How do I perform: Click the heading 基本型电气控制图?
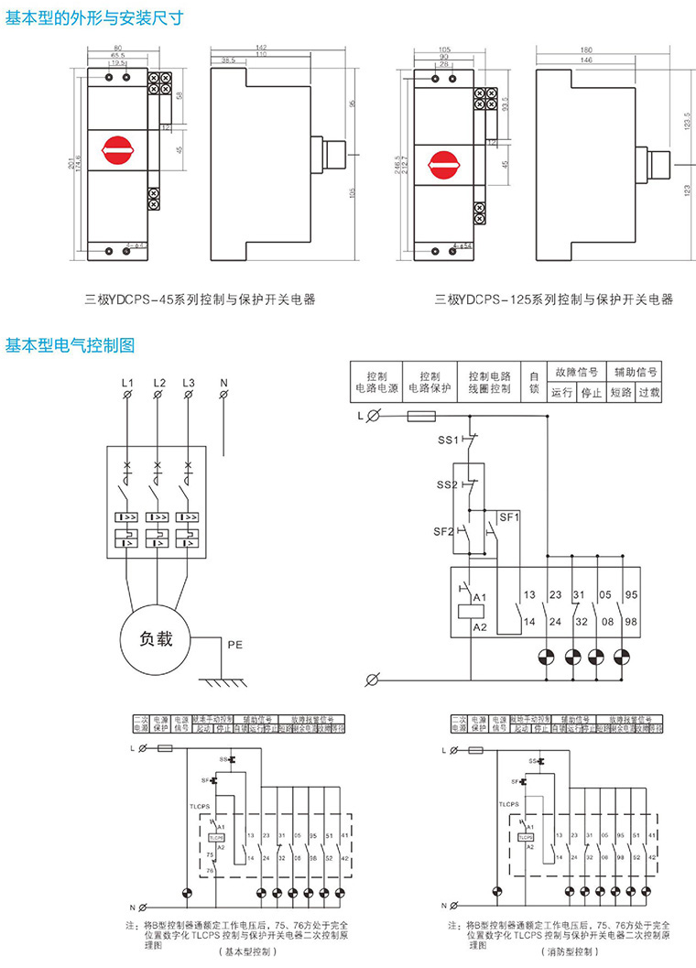(71, 345)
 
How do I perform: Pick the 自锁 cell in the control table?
(534, 382)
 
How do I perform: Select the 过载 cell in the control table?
(648, 393)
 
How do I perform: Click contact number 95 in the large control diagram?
(631, 595)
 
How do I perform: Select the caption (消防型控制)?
(573, 952)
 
